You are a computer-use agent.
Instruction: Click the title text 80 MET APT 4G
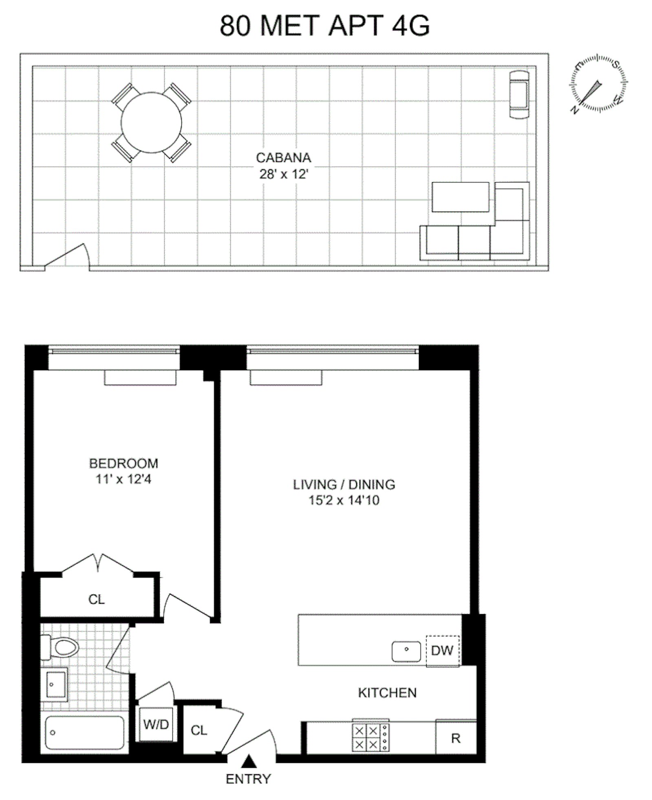pyautogui.click(x=325, y=26)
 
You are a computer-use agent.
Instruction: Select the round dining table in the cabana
pyautogui.click(x=151, y=123)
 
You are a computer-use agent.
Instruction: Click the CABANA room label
pyautogui.click(x=283, y=157)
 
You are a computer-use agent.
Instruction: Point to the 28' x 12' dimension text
pyautogui.click(x=284, y=175)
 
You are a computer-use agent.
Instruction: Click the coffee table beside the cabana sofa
pyautogui.click(x=460, y=197)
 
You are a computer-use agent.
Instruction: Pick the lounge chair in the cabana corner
pyautogui.click(x=519, y=94)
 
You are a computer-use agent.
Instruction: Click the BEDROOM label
pyautogui.click(x=123, y=463)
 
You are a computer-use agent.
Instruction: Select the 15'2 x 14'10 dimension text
pyautogui.click(x=344, y=500)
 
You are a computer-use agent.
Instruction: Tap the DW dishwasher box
pyautogui.click(x=442, y=650)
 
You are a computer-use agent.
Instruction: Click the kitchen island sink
pyautogui.click(x=406, y=651)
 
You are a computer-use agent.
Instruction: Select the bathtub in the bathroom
pyautogui.click(x=84, y=733)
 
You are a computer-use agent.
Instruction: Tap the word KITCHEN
pyautogui.click(x=387, y=693)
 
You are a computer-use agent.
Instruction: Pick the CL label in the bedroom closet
pyautogui.click(x=97, y=599)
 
